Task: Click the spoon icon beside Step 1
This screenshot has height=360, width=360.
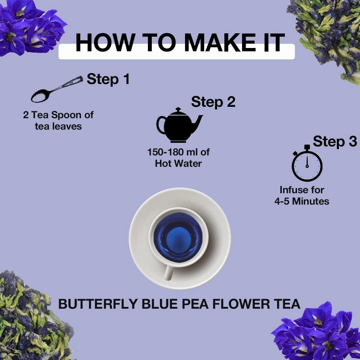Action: pyautogui.click(x=56, y=90)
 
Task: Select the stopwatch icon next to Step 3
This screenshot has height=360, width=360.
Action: pyautogui.click(x=307, y=163)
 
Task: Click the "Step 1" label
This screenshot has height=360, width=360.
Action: pyautogui.click(x=108, y=79)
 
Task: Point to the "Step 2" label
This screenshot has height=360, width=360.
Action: pyautogui.click(x=213, y=102)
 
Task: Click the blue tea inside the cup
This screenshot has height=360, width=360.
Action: pyautogui.click(x=178, y=237)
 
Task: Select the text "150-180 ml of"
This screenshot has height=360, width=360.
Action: pyautogui.click(x=178, y=152)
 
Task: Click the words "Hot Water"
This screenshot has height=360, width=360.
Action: pyautogui.click(x=178, y=164)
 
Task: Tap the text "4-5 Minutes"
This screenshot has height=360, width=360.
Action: pyautogui.click(x=302, y=201)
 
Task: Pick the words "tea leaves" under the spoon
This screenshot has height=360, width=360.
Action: pyautogui.click(x=58, y=127)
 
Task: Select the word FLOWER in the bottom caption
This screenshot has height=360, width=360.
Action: pyautogui.click(x=241, y=304)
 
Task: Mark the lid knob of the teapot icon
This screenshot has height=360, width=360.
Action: pyautogui.click(x=178, y=109)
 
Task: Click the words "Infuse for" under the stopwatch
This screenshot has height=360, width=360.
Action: pyautogui.click(x=302, y=190)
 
